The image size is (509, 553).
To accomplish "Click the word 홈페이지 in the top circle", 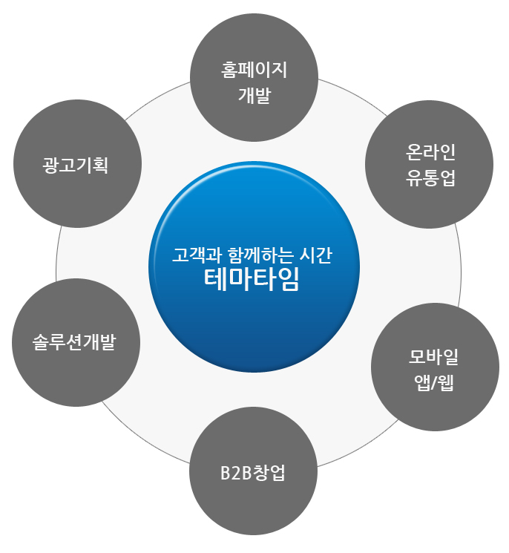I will [x=254, y=71].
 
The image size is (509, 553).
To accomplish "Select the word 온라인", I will [x=430, y=153].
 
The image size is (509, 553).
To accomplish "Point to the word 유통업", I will [x=430, y=178].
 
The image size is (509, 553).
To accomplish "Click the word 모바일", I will [x=434, y=358].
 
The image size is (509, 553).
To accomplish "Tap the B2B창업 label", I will [x=253, y=472].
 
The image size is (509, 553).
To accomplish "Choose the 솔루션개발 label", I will [x=76, y=343].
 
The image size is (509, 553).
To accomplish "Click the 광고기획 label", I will [x=76, y=164].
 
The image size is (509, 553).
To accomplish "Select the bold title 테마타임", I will [x=253, y=280].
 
